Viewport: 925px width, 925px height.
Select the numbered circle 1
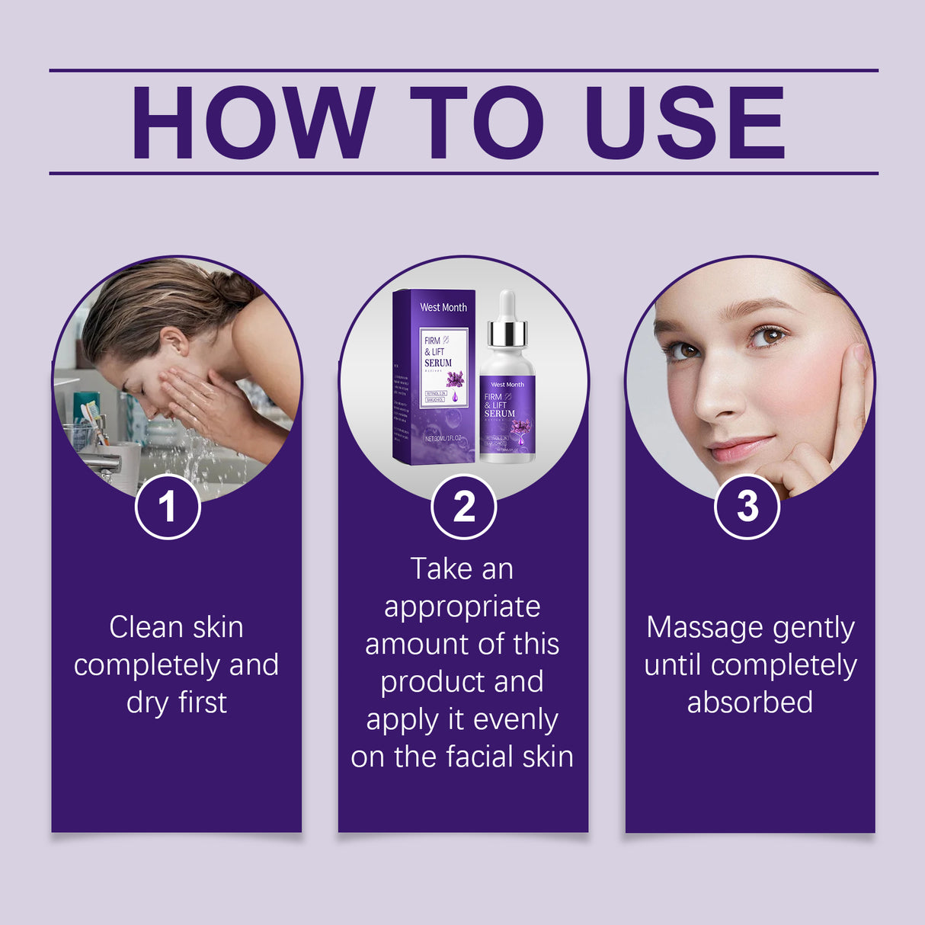[x=168, y=507]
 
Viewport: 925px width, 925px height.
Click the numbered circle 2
[x=463, y=507]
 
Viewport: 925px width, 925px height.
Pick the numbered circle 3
[x=747, y=507]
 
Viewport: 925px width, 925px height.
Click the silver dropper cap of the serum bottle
[x=507, y=332]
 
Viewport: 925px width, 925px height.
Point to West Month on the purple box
[x=443, y=307]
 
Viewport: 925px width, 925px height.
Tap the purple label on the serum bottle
[x=507, y=415]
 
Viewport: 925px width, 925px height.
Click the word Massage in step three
[x=693, y=629]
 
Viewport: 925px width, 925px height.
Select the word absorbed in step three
[x=750, y=702]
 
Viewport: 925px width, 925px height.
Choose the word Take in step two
[x=436, y=569]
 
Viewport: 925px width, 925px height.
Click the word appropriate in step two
[x=462, y=607]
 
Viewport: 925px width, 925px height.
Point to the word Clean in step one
[x=146, y=627]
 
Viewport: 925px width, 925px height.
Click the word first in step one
[x=202, y=702]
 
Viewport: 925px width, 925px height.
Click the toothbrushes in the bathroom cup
[x=93, y=420]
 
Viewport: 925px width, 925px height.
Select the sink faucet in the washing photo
[x=103, y=461]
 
